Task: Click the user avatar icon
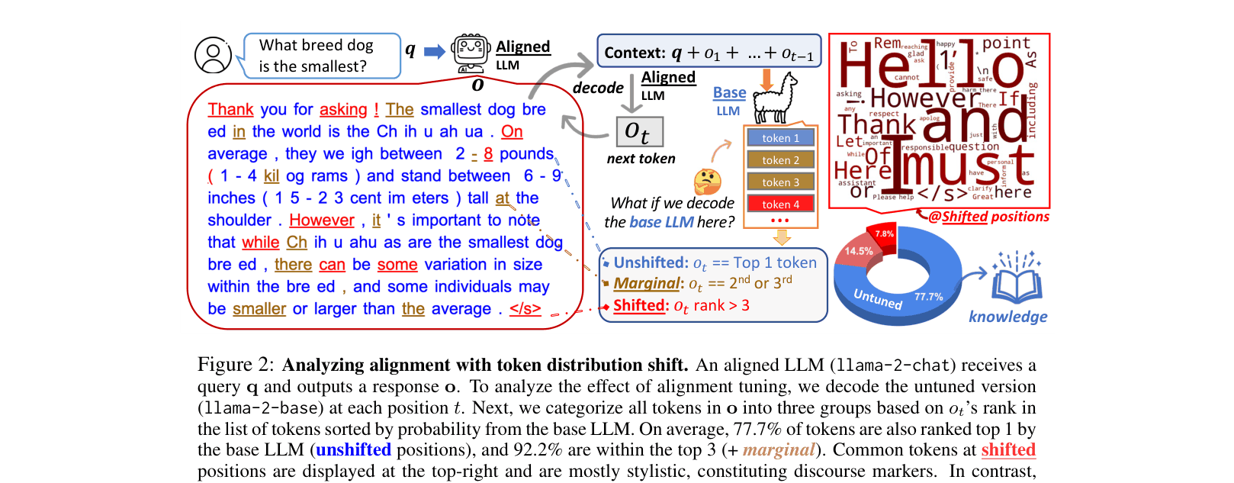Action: point(213,56)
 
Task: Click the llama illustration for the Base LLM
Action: point(775,99)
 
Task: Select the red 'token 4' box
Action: point(780,204)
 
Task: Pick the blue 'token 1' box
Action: point(780,138)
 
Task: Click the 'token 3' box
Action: point(780,182)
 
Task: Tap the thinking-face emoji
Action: point(707,182)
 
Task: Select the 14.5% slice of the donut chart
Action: point(859,252)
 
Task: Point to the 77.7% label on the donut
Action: point(928,297)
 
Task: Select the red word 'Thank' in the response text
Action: point(230,110)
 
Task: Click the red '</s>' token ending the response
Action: point(525,309)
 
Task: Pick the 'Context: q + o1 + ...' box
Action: point(709,51)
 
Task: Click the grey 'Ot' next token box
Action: point(639,132)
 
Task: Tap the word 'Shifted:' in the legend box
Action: point(641,305)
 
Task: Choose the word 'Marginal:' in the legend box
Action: point(648,284)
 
